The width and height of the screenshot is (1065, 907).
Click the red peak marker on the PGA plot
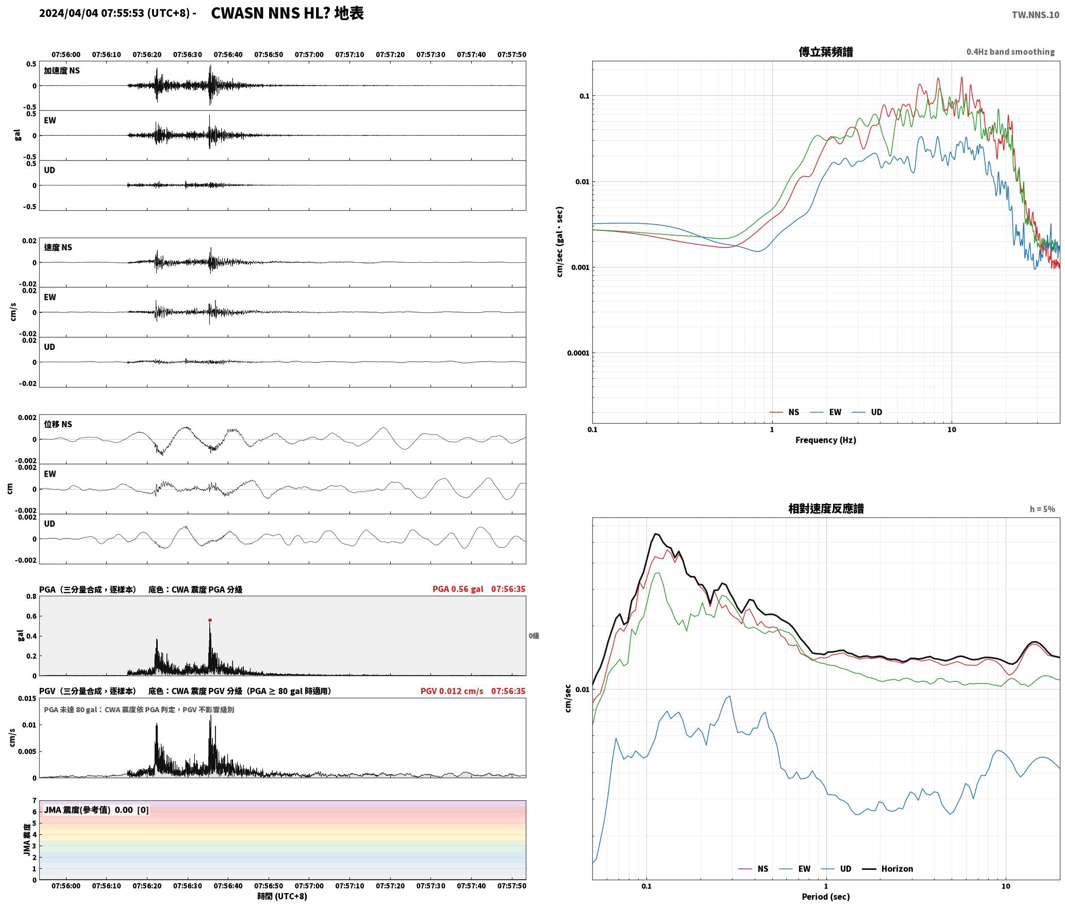click(210, 620)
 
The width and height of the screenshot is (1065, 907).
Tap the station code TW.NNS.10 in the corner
click(1035, 14)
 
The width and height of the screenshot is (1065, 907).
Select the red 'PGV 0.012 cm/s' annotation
click(452, 691)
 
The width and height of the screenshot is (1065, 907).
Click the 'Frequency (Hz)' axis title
click(825, 440)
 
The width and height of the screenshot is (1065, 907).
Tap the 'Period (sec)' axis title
click(825, 896)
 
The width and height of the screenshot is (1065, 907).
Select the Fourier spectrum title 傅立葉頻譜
click(825, 52)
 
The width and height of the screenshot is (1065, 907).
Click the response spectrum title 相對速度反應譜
click(826, 508)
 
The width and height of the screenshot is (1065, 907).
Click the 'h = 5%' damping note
click(1042, 509)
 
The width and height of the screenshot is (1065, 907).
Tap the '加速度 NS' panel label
click(62, 71)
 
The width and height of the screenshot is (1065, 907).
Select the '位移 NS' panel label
click(58, 424)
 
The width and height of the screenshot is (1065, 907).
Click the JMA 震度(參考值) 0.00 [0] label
click(96, 810)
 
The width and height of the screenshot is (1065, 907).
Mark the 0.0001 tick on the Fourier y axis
click(578, 353)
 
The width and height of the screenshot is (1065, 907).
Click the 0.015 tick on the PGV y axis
click(27, 698)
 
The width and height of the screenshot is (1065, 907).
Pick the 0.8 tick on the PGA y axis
click(31, 596)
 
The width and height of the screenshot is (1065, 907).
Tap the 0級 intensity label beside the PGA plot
click(534, 636)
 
